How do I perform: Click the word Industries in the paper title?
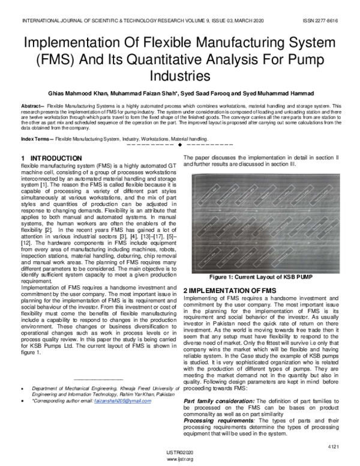pyautogui.click(x=179, y=77)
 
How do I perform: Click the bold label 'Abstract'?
pyautogui.click(x=31, y=105)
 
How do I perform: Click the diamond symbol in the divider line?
pyautogui.click(x=180, y=145)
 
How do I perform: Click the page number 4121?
pyautogui.click(x=334, y=447)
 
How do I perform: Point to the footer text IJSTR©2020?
pyautogui.click(x=179, y=453)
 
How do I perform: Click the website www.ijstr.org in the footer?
pyautogui.click(x=179, y=459)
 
